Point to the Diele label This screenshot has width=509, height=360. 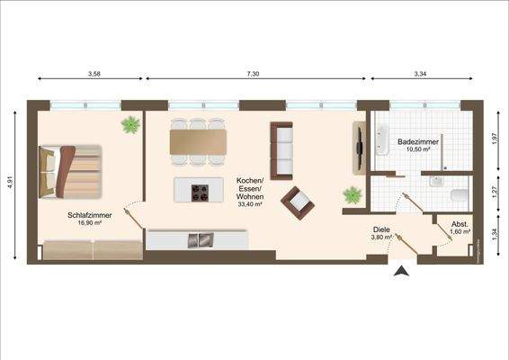pyautogui.click(x=381, y=230)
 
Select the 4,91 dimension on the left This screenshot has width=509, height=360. pyautogui.click(x=11, y=181)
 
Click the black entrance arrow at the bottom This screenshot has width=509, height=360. pyautogui.click(x=402, y=268)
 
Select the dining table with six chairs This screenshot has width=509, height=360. pyautogui.click(x=199, y=142)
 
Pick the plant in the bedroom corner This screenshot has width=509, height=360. pyautogui.click(x=130, y=124)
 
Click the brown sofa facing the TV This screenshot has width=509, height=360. pyautogui.click(x=281, y=148)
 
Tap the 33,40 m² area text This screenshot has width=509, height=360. pyautogui.click(x=249, y=204)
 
